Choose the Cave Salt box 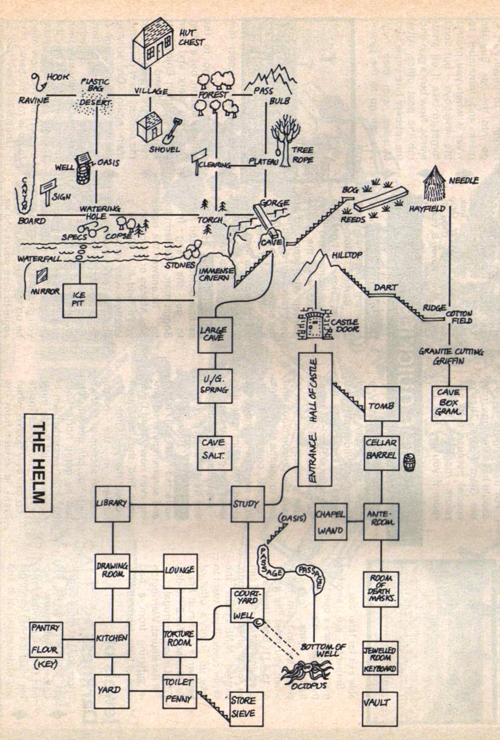[x=214, y=451]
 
